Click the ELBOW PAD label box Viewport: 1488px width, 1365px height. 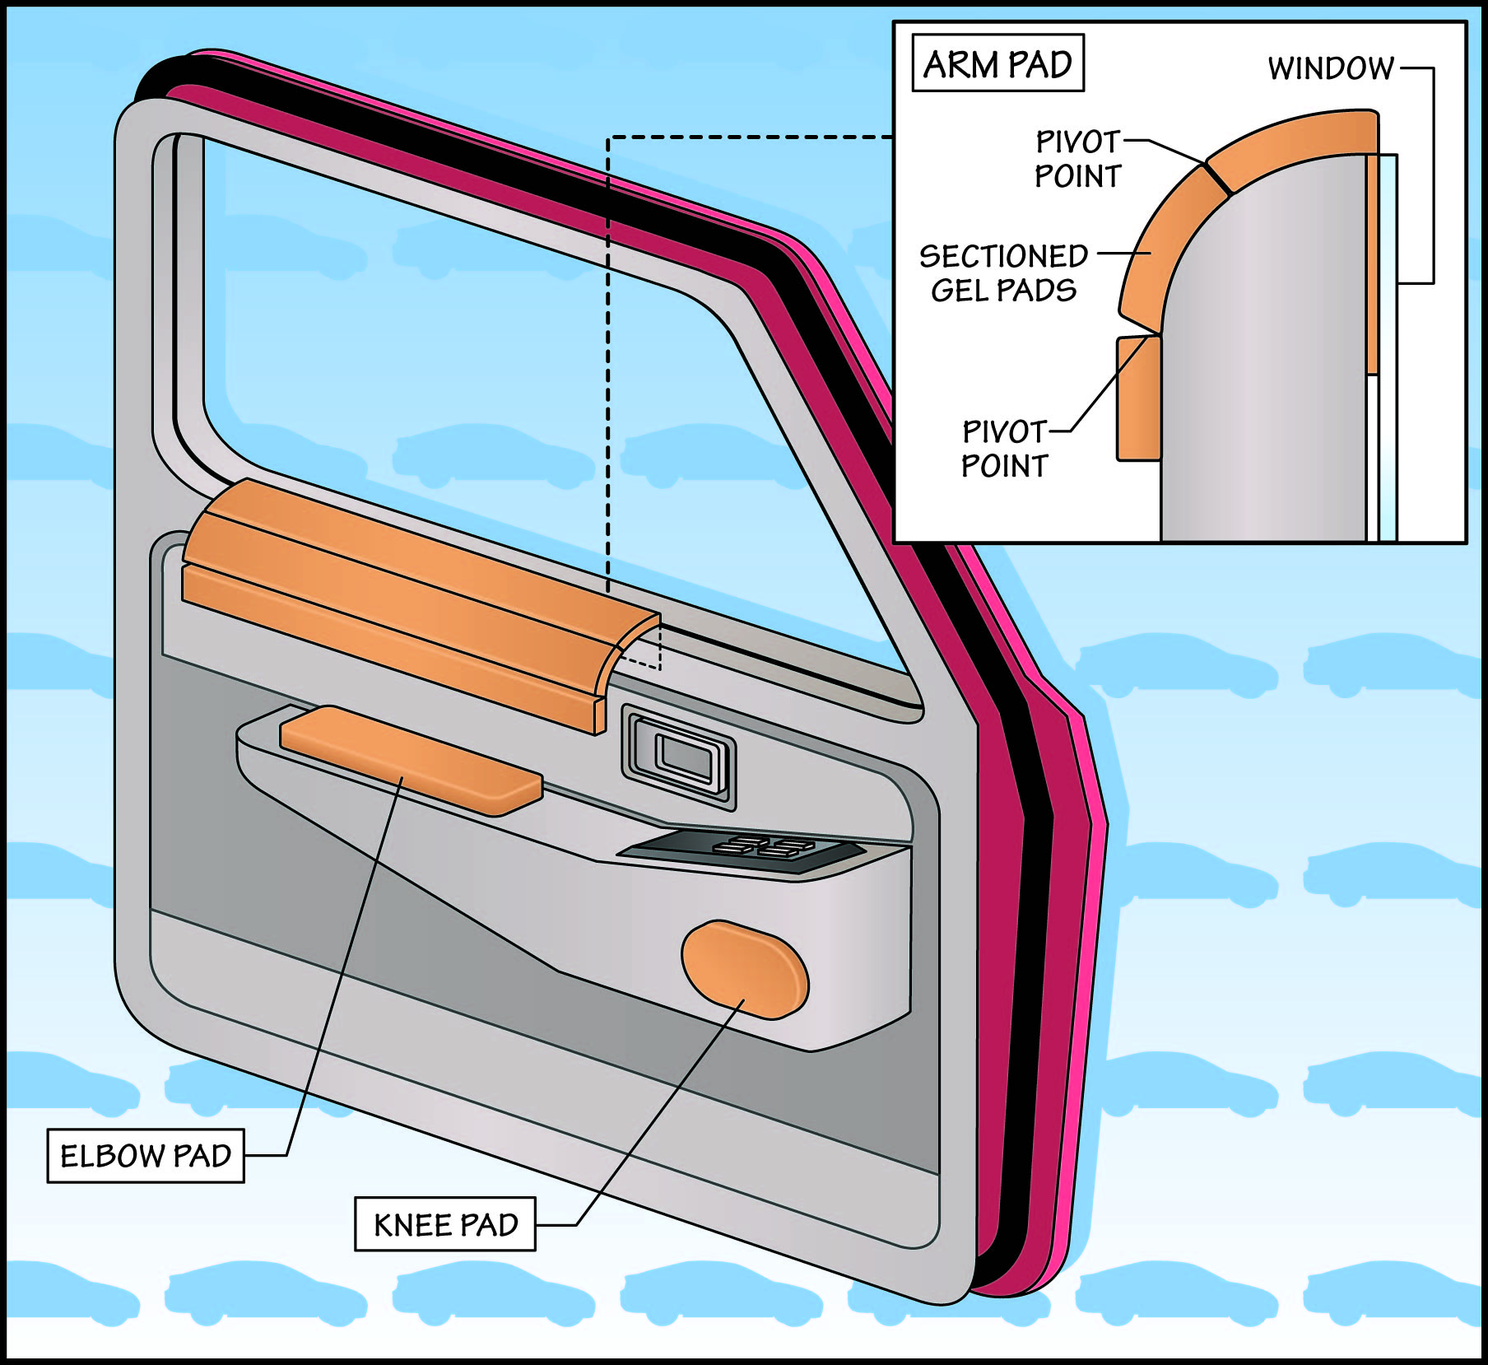pos(146,1156)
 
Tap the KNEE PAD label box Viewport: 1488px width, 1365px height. pos(445,1224)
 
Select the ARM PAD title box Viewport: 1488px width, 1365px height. pos(997,63)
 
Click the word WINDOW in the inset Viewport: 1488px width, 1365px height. pos(1330,68)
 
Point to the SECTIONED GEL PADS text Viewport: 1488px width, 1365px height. pos(1003,273)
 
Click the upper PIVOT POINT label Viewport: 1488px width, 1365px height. pos(1077,159)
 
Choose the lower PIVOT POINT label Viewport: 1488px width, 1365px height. pos(1004,449)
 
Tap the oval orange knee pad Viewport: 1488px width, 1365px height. pos(745,969)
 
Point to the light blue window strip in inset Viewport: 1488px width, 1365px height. pos(1388,346)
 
